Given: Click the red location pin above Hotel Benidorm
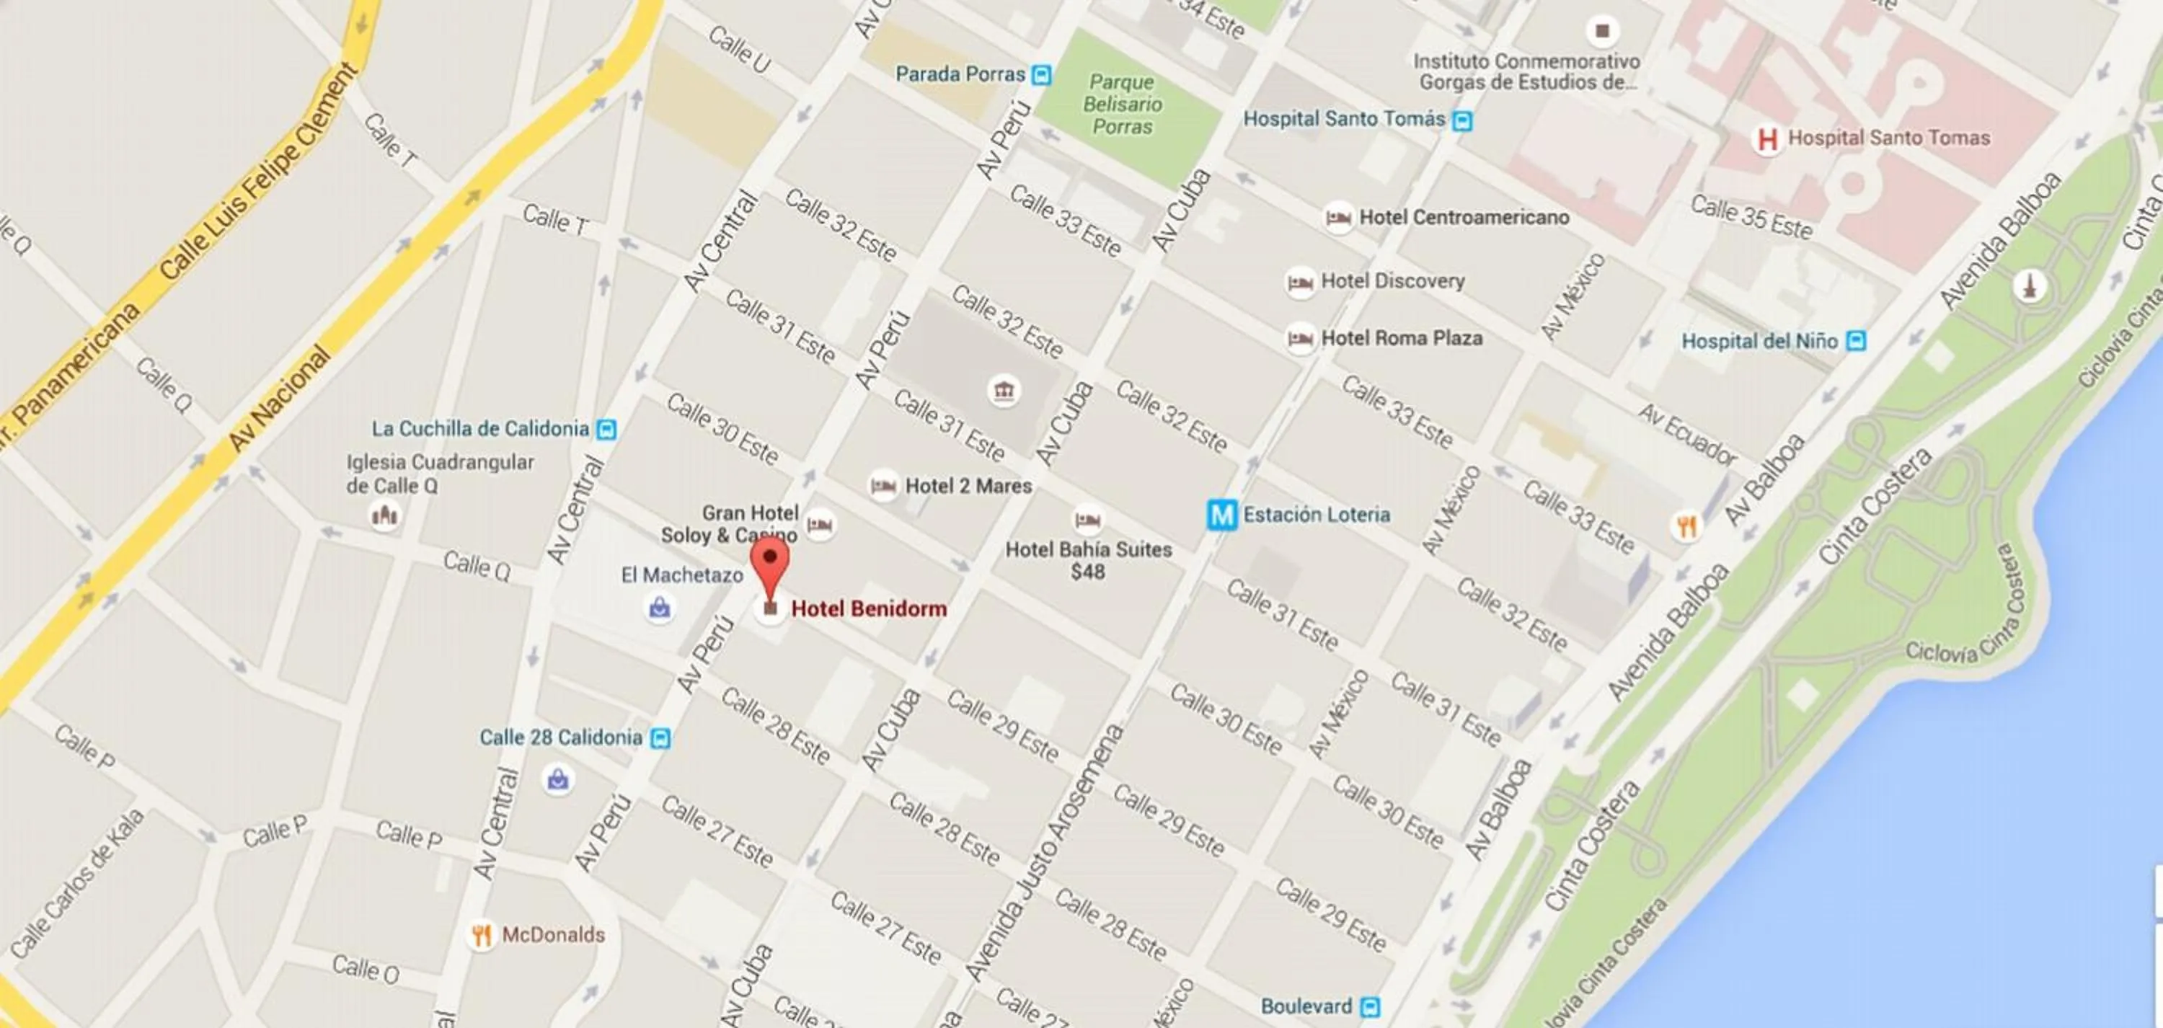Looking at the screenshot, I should pos(770,559).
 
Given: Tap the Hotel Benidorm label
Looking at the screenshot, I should pos(868,609).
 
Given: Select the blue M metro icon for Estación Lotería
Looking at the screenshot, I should pos(1221,515).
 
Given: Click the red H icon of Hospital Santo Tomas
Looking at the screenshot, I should pos(1766,139).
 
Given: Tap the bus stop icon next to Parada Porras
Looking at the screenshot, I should pos(1042,76).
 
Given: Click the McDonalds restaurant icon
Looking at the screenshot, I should pos(481,935).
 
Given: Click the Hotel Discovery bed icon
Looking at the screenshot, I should pos(1300,282).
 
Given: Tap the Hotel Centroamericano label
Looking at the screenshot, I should pos(1464,218).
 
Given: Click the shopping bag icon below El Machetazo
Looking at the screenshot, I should pos(660,607).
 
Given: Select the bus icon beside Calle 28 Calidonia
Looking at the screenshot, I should pos(661,738).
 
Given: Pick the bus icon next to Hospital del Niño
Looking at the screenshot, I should pos(1857,342).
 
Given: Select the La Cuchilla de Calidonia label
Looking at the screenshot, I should pos(480,429).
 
